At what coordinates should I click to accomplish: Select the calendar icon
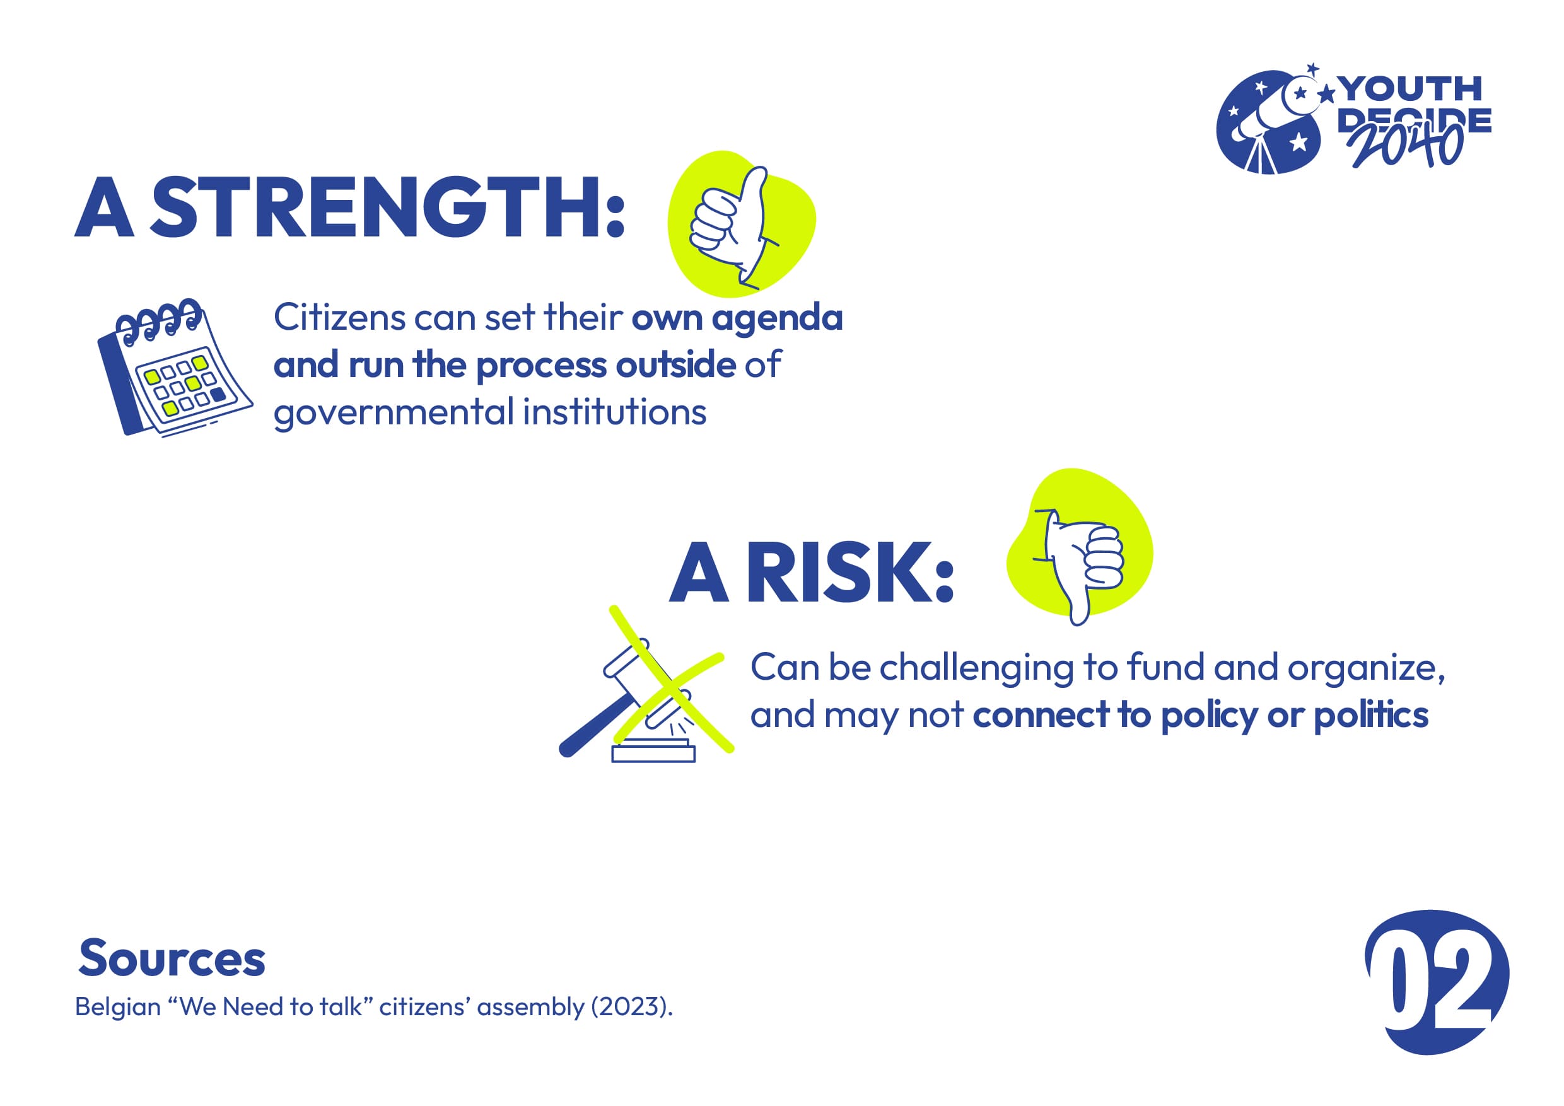pos(175,368)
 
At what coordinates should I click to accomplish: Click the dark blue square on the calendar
pos(218,394)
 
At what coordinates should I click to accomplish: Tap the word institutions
pos(614,411)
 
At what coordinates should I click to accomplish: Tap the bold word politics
pos(1370,716)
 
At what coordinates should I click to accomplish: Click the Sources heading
pos(172,959)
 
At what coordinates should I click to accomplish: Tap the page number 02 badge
pos(1437,981)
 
